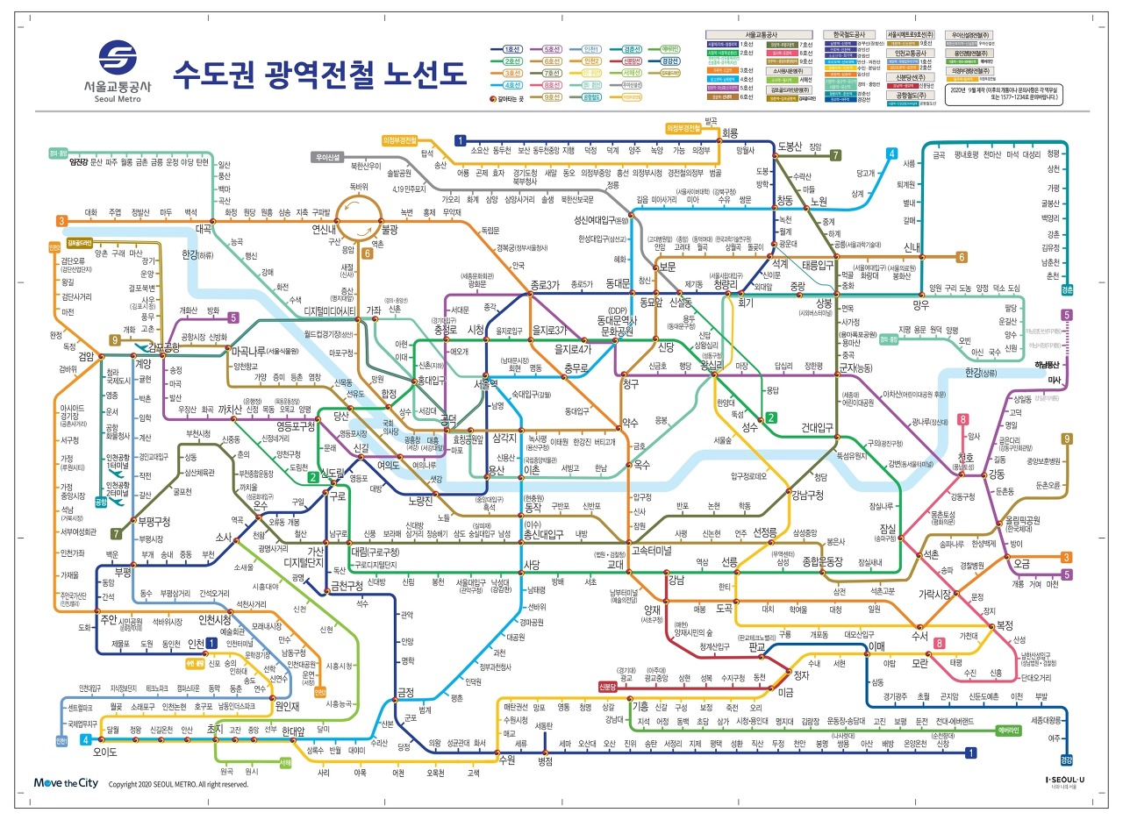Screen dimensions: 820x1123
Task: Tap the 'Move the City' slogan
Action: [65, 783]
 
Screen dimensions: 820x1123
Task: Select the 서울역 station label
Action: [486, 384]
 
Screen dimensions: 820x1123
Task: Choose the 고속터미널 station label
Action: [651, 552]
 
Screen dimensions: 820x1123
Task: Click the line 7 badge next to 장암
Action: [836, 155]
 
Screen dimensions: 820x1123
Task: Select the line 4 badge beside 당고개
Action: [891, 154]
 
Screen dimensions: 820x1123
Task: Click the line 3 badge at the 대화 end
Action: [61, 221]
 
